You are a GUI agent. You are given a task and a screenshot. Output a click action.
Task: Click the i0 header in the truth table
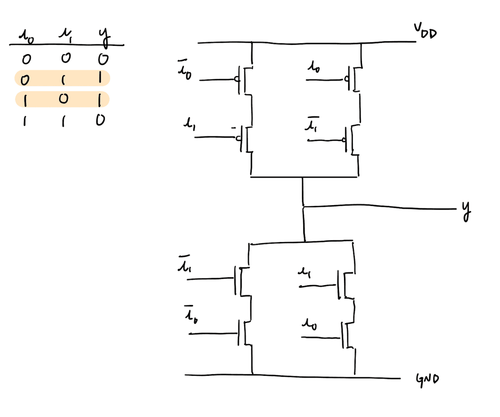[25, 37]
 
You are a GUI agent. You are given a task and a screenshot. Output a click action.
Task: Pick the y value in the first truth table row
[104, 59]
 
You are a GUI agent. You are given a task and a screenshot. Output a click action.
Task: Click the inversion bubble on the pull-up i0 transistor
[345, 80]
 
